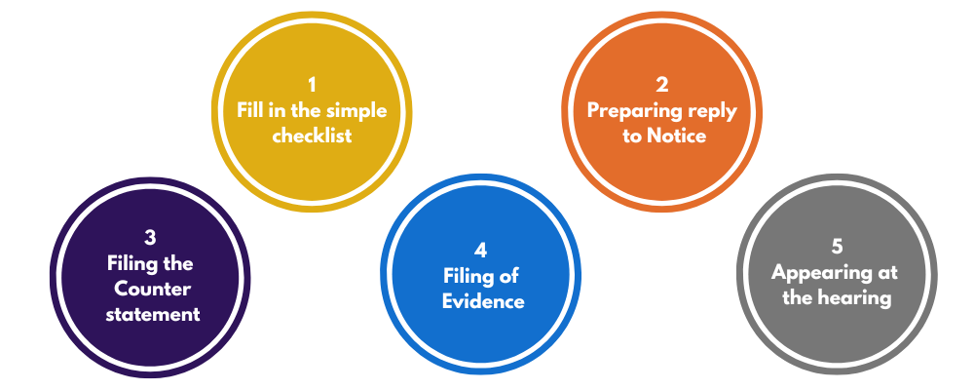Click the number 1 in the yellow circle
click(312, 85)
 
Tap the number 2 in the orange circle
click(662, 85)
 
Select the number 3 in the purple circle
click(150, 238)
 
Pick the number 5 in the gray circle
click(838, 247)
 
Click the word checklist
click(312, 136)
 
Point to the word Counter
click(150, 289)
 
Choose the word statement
click(150, 314)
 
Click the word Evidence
click(483, 301)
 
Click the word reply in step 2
click(714, 110)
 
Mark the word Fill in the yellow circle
click(251, 110)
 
